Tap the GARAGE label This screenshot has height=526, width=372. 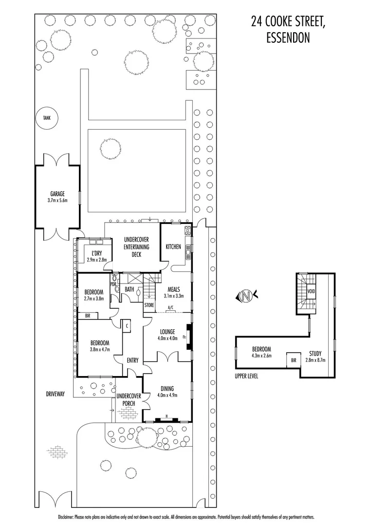pyautogui.click(x=56, y=193)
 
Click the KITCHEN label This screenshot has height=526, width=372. pyautogui.click(x=173, y=246)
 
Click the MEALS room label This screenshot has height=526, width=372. pyautogui.click(x=174, y=288)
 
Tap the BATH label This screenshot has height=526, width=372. pyautogui.click(x=129, y=289)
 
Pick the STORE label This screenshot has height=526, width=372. pyautogui.click(x=149, y=305)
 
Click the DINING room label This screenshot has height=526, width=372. pyautogui.click(x=167, y=388)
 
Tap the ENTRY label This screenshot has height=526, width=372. pyautogui.click(x=132, y=360)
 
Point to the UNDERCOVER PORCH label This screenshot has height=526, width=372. pyautogui.click(x=129, y=399)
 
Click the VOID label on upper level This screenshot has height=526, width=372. pyautogui.click(x=312, y=291)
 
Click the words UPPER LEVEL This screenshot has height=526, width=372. pyautogui.click(x=247, y=376)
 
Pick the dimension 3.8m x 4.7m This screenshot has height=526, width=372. pyautogui.click(x=100, y=349)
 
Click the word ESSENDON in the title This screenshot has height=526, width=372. pyautogui.click(x=288, y=38)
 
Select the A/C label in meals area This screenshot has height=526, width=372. pyautogui.click(x=171, y=307)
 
